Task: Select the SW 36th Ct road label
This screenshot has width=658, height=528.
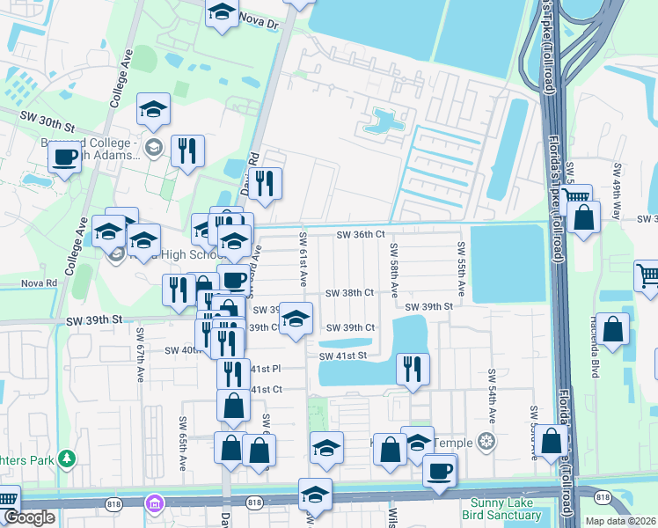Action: [x=361, y=235]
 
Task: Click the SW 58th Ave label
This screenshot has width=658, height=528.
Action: [x=395, y=269]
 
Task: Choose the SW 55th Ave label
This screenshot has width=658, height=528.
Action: [x=461, y=269]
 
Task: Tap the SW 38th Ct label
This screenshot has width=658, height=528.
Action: [x=350, y=293]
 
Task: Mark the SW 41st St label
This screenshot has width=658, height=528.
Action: [x=342, y=356]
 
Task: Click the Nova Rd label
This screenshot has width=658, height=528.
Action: [x=39, y=283]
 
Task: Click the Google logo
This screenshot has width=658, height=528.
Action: [x=28, y=518]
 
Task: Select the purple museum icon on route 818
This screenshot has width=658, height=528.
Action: [x=155, y=504]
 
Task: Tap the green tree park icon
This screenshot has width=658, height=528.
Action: [x=66, y=459]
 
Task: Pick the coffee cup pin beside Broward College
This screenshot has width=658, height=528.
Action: [x=66, y=158]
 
